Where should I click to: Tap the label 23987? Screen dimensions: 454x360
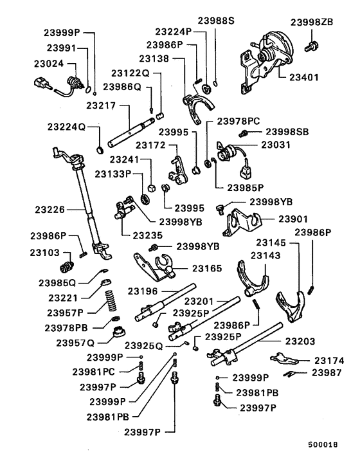coord(327,372)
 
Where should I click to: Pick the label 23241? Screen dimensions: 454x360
coord(125,159)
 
